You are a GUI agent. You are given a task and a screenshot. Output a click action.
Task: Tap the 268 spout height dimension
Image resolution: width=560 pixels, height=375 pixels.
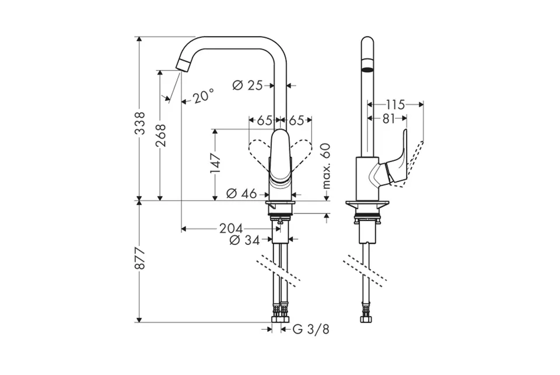point(161,135)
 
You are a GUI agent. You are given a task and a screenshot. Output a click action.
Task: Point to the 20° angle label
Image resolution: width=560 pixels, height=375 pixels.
point(204,96)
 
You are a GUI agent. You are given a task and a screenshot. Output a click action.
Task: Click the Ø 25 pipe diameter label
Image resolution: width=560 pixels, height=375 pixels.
point(247,85)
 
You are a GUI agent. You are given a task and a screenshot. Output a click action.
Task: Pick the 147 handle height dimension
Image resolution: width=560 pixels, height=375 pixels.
point(215,163)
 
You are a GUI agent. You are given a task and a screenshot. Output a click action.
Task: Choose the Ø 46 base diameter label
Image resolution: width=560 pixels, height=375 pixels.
point(242,194)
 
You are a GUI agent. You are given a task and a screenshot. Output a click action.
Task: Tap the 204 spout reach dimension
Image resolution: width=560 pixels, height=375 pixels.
point(231,228)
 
